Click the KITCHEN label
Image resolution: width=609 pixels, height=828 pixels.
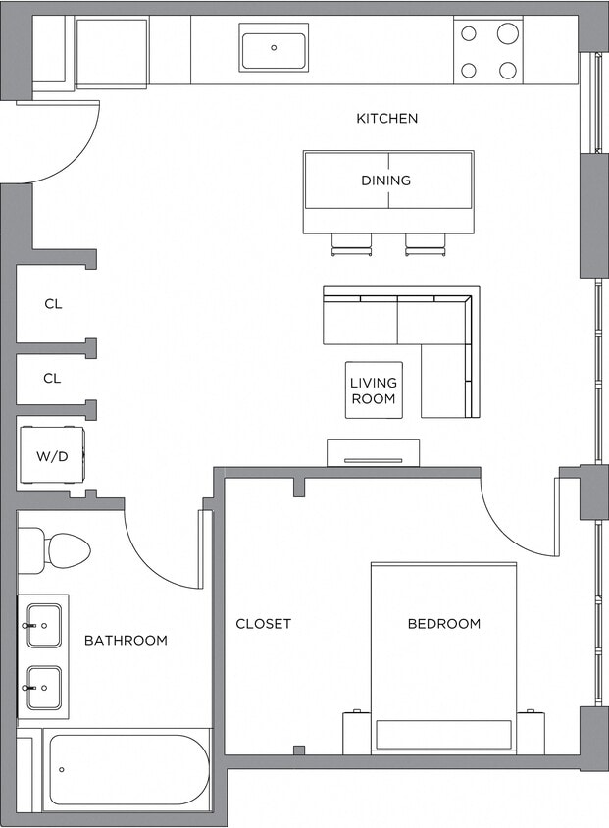pos(386,119)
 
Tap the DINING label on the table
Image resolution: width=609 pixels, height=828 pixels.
pos(386,181)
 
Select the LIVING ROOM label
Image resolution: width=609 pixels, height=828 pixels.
pos(373,390)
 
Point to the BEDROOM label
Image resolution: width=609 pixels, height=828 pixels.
pos(444,624)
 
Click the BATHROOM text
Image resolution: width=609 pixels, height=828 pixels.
pos(126,641)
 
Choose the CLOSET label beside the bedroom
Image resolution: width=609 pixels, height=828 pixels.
pos(263,624)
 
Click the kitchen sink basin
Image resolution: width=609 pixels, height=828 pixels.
pos(274,47)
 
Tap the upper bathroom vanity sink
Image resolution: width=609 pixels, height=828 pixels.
pos(44,625)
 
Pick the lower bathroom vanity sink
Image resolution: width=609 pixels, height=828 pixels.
pos(44,688)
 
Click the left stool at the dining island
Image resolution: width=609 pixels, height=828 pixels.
pos(351,245)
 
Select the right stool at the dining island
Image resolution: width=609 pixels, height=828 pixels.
pos(425,245)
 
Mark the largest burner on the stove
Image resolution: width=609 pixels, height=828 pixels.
pos(507,34)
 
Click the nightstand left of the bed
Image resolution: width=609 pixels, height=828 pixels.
pos(356,732)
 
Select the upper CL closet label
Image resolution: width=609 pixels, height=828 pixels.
pos(53,304)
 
